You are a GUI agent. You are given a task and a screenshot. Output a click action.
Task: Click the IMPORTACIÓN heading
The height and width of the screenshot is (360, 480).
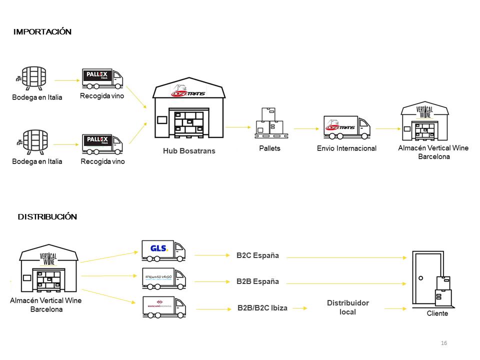pos(42,32)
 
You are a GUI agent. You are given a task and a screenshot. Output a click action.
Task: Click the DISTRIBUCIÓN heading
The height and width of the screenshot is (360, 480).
pos(47,217)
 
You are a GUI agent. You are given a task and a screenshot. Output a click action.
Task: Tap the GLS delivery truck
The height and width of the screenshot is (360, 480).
pos(163,250)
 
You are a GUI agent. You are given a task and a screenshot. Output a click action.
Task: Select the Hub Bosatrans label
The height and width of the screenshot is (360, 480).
pos(189,150)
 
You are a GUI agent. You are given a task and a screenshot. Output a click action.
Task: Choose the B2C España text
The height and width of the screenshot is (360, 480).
pos(257,256)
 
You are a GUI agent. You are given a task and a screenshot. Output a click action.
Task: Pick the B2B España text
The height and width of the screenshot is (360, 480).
pos(257,281)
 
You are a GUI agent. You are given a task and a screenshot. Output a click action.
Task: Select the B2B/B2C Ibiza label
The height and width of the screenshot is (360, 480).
pos(262,308)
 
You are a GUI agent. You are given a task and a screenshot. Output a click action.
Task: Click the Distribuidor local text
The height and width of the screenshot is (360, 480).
pos(348,307)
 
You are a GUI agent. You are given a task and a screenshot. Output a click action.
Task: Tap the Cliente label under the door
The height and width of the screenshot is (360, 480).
pos(437,313)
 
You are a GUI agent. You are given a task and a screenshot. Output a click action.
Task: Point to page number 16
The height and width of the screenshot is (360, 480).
pos(444,343)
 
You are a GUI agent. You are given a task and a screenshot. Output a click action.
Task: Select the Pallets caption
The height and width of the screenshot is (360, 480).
pos(269,148)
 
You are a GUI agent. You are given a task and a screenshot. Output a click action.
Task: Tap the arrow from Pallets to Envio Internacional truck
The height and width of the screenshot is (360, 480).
pos(306,128)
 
